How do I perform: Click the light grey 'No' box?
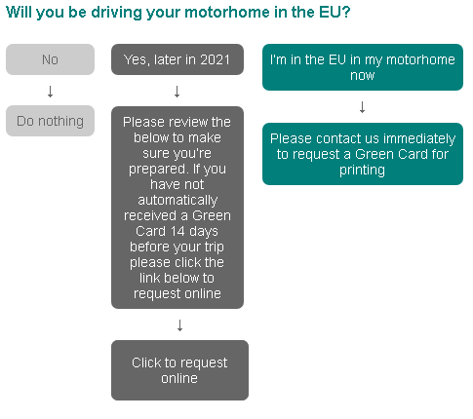coord(50,59)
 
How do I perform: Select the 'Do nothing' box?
coord(50,121)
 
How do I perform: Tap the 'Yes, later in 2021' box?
coord(177,59)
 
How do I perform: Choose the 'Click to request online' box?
coord(179,370)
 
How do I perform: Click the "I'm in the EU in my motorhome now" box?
coord(363,67)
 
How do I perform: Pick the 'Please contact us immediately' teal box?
coord(363,154)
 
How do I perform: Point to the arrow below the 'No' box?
coord(50,92)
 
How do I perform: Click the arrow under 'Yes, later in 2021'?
coord(177,92)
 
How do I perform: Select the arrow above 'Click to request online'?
coord(179,325)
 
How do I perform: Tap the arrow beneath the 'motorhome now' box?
coord(363,107)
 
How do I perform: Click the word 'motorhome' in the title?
coord(227,13)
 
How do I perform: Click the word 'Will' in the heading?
coord(19,13)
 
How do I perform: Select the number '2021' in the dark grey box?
coord(215,59)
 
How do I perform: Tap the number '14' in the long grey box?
coord(177,231)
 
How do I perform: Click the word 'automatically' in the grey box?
coord(177,201)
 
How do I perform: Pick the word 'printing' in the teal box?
coord(362,171)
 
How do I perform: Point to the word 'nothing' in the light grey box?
coord(60,122)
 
